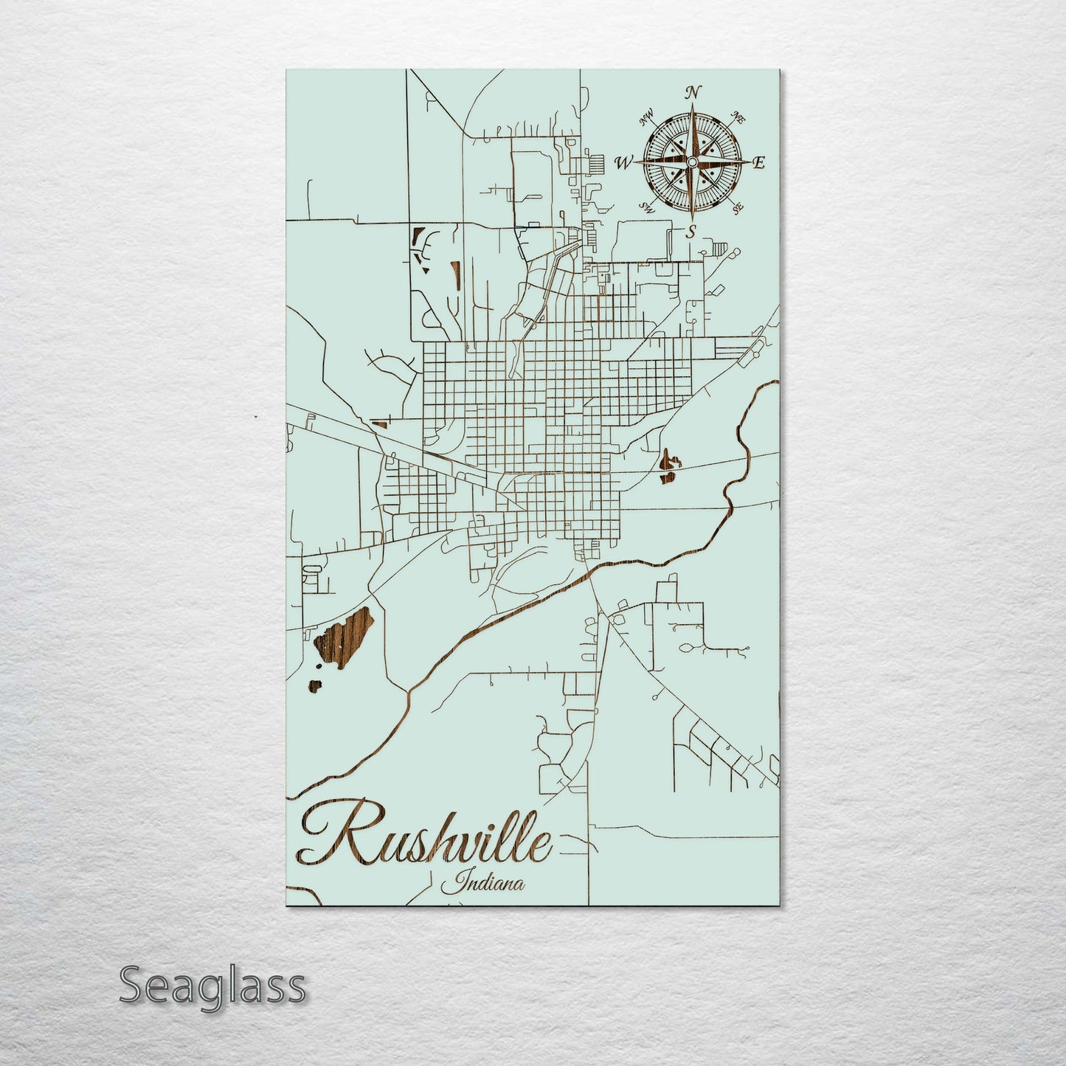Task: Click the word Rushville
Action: [428, 840]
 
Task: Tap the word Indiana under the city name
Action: [484, 882]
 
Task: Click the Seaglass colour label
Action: [212, 986]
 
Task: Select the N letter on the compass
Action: [692, 93]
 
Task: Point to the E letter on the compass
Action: [758, 163]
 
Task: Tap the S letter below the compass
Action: [691, 232]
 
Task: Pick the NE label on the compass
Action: [736, 116]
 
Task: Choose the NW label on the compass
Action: [648, 116]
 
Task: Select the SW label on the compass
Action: [647, 207]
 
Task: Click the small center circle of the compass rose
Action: [692, 162]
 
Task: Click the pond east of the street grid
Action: [668, 467]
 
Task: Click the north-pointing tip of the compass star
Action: [692, 105]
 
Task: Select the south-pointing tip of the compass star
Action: [692, 219]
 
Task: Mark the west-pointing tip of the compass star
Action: [637, 162]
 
